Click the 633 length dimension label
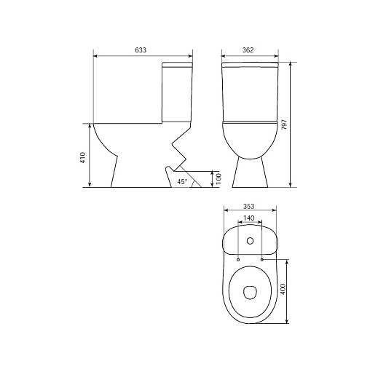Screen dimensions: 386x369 (141, 50)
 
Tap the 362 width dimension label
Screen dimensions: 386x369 (248, 50)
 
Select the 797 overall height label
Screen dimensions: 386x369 (284, 124)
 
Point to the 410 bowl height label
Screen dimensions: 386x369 (83, 157)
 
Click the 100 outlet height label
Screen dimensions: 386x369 (218, 178)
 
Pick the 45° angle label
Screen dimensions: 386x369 (182, 182)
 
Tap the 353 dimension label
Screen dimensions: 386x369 (248, 207)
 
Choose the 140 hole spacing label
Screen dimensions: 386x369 (248, 218)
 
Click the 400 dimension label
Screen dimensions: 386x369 (283, 289)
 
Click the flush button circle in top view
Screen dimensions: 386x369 (250, 241)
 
